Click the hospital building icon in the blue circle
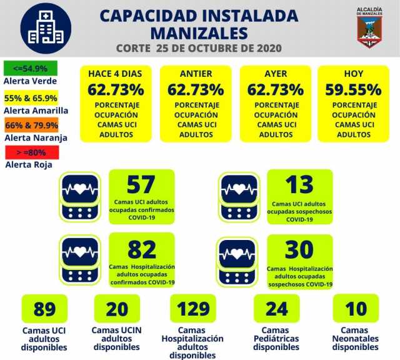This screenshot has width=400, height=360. (x=46, y=28)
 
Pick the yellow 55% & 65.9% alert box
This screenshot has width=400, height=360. (x=31, y=97)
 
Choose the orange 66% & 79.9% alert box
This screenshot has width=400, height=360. (x=31, y=124)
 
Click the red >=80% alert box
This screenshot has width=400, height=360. (x=31, y=151)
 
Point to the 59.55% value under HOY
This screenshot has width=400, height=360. (x=353, y=89)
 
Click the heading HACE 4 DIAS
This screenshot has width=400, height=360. (x=115, y=74)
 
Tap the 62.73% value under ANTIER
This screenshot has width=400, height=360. (x=196, y=89)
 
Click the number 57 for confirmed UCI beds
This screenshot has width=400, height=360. (x=141, y=185)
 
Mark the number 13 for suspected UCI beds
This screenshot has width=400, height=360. (x=299, y=185)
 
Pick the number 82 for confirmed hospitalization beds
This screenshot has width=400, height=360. (x=141, y=249)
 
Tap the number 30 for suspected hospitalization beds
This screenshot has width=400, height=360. (x=299, y=249)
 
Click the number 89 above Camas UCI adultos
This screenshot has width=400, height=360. (x=44, y=309)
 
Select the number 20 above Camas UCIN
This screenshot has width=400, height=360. (x=117, y=309)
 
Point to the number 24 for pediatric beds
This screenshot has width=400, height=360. (x=276, y=309)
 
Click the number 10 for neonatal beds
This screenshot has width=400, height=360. (x=356, y=309)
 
